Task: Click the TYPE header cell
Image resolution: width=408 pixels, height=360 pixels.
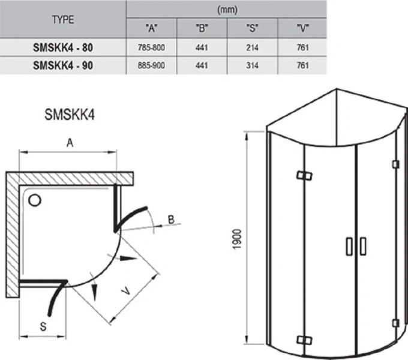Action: tap(63, 19)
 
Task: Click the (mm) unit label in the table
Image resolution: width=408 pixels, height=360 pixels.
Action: tap(227, 9)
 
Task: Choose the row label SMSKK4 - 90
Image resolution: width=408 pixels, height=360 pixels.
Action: tap(63, 66)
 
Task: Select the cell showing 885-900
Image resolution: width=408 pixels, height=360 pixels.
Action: tap(152, 66)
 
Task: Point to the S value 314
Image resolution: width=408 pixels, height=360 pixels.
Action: tap(253, 66)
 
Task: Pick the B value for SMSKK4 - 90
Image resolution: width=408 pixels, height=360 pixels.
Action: tap(202, 66)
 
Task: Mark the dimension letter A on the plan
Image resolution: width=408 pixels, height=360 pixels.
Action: tap(70, 143)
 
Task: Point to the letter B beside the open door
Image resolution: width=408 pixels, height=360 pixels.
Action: tap(171, 221)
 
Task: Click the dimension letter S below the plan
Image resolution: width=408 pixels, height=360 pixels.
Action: tap(43, 326)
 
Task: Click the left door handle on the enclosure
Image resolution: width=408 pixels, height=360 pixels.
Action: tap(348, 247)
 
